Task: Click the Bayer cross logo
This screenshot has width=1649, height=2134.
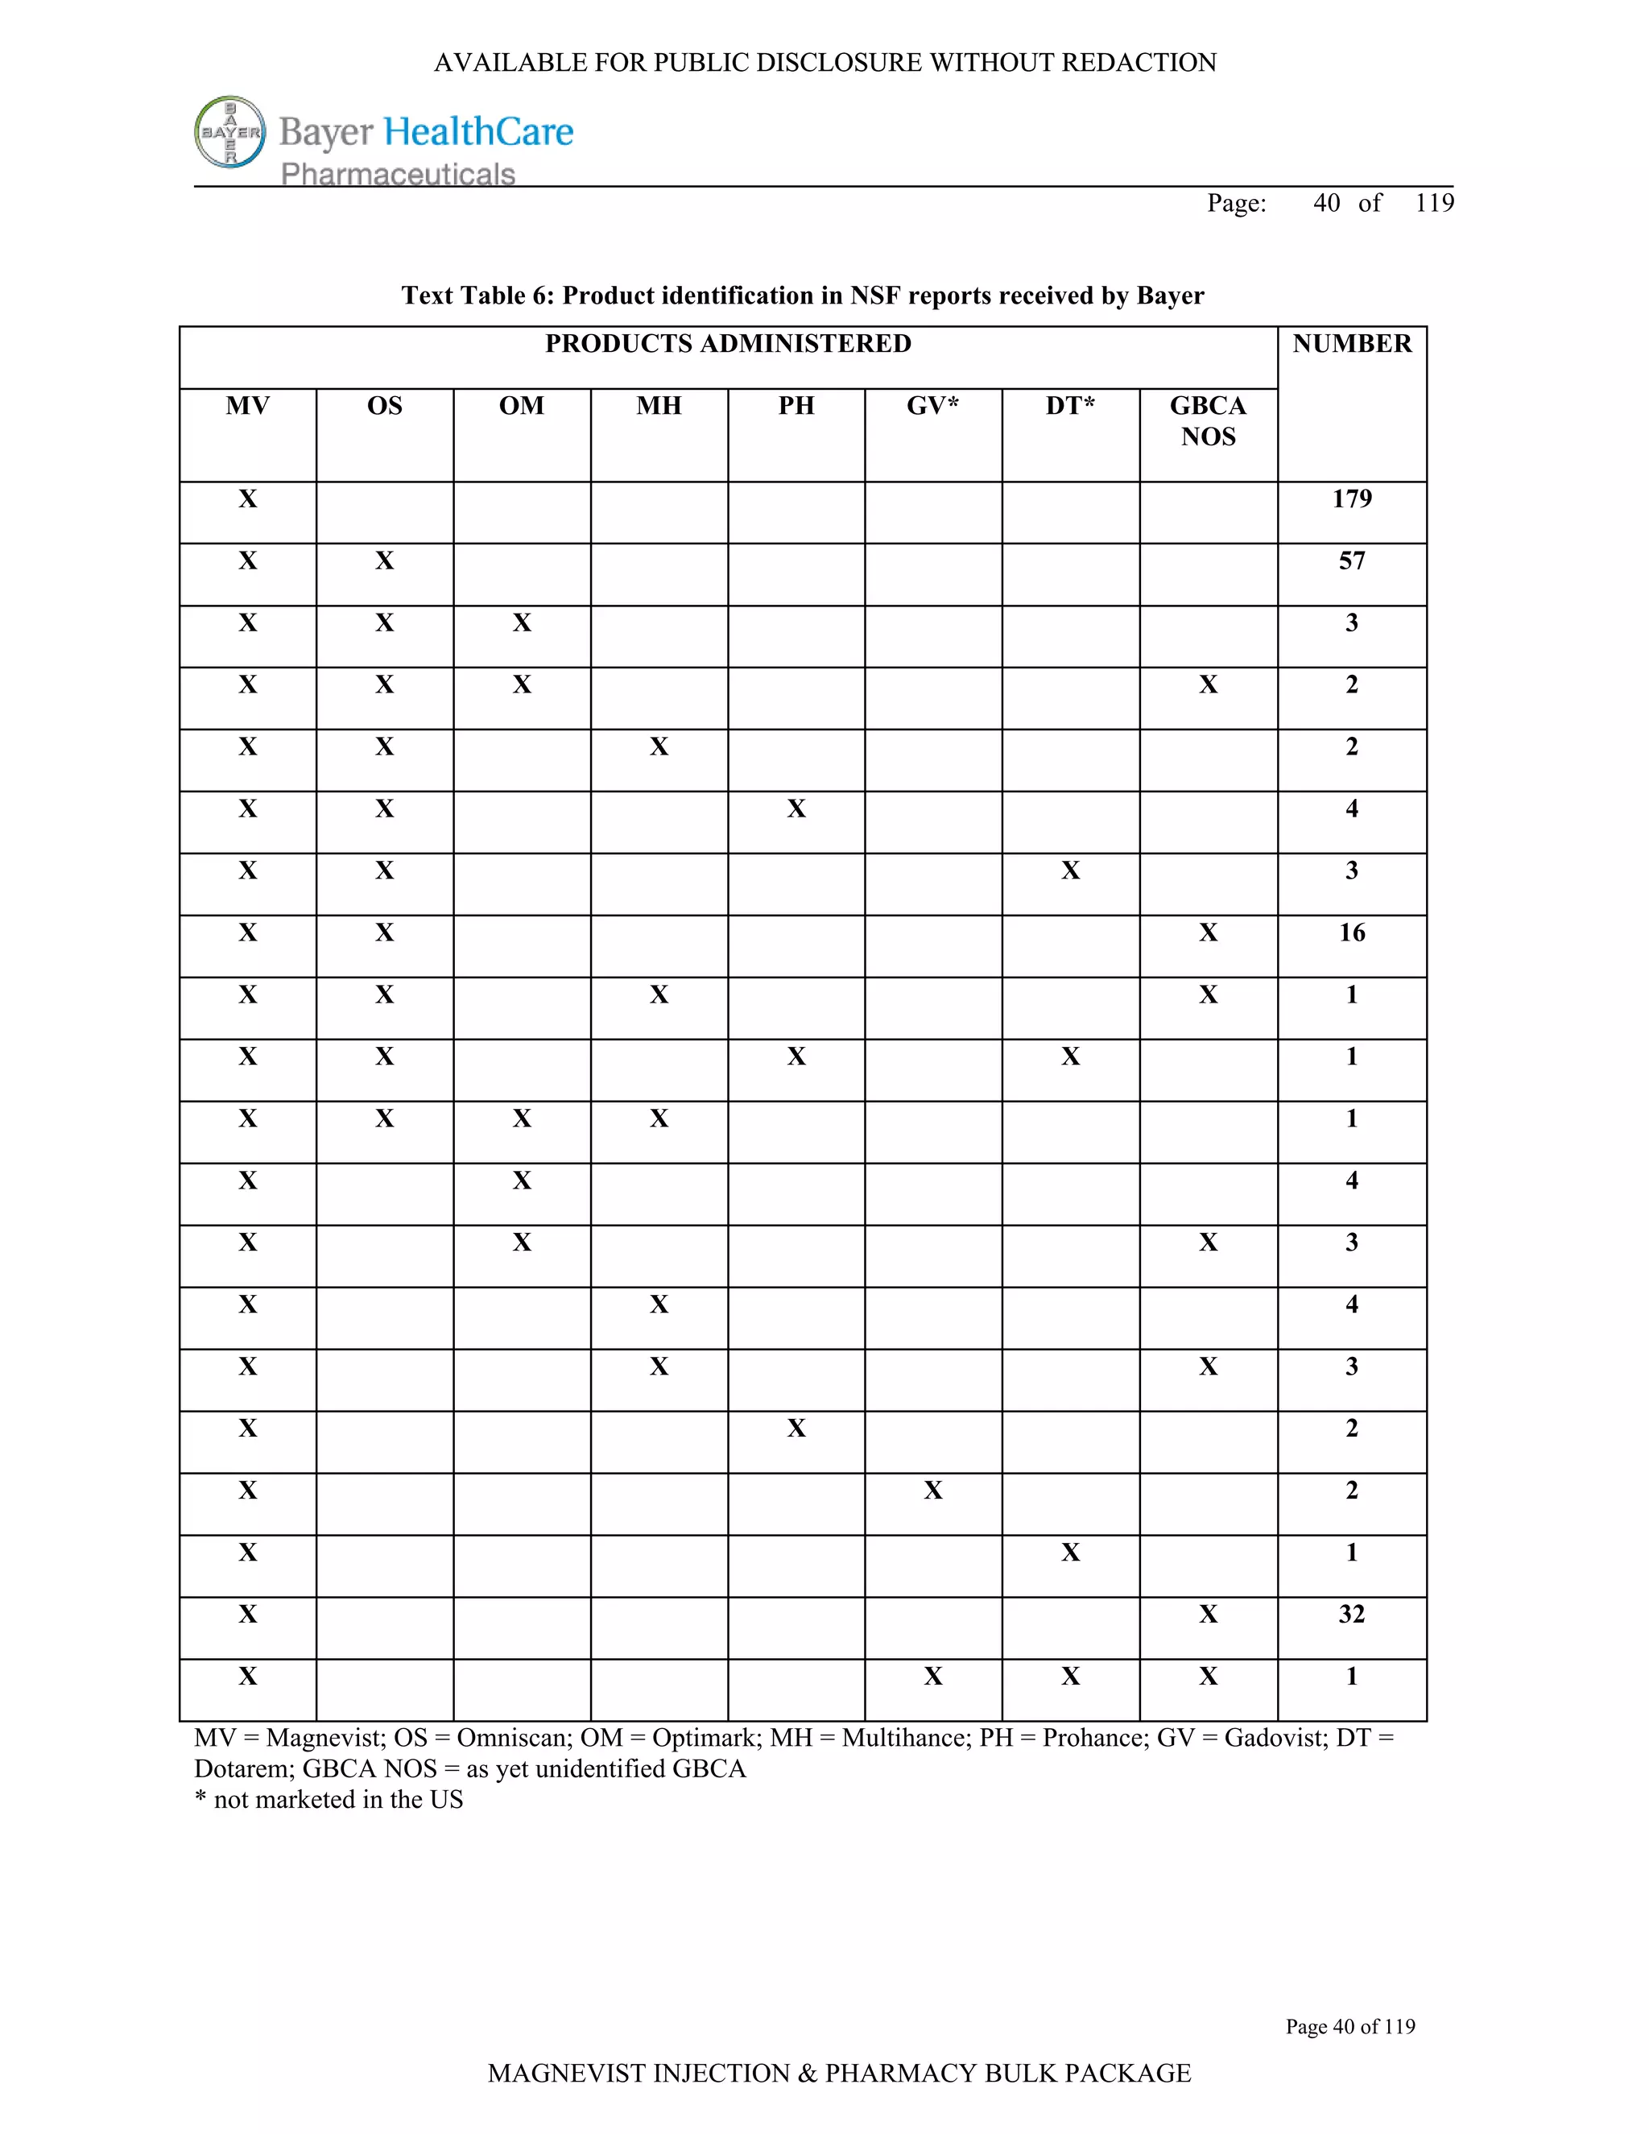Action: [230, 132]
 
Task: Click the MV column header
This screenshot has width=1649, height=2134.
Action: [247, 406]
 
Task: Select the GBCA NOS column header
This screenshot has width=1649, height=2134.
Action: [1208, 421]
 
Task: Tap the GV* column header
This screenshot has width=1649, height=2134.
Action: [933, 406]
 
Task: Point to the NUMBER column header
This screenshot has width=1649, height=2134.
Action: [1352, 343]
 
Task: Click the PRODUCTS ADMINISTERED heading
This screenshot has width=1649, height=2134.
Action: [728, 343]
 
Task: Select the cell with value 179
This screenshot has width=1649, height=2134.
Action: [1352, 498]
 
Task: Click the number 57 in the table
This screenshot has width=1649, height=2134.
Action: [1352, 560]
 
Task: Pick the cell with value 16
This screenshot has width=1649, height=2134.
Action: [1352, 933]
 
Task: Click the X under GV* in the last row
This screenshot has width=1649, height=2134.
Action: [933, 1677]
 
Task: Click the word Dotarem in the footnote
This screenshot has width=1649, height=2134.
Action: [242, 1768]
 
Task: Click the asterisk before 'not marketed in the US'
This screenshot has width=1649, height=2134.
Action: [200, 1799]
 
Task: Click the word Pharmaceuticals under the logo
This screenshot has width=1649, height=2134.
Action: [398, 174]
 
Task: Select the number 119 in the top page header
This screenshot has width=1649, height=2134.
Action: [1434, 203]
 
